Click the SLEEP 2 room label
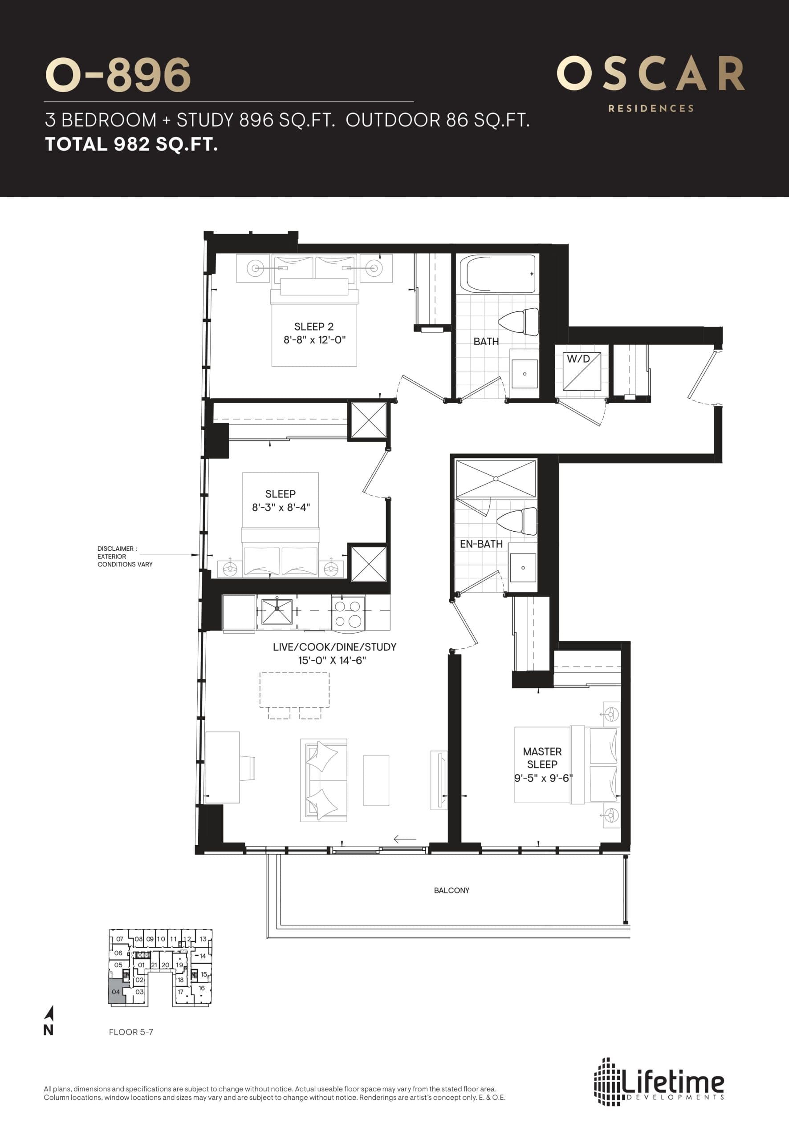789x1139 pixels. (x=313, y=327)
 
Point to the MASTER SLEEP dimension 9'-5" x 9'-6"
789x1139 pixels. (x=543, y=777)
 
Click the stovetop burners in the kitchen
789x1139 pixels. (x=348, y=613)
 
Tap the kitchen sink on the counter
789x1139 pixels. (x=277, y=611)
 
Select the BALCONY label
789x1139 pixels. (x=451, y=890)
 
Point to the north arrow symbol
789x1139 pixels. (x=49, y=1018)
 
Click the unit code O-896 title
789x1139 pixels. (x=118, y=75)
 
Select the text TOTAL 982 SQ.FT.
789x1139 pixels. (x=131, y=144)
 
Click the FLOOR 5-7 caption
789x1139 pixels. (x=131, y=1032)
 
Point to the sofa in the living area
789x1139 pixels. (x=323, y=780)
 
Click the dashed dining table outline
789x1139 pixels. (x=295, y=690)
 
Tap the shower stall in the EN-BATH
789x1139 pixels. (x=495, y=478)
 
